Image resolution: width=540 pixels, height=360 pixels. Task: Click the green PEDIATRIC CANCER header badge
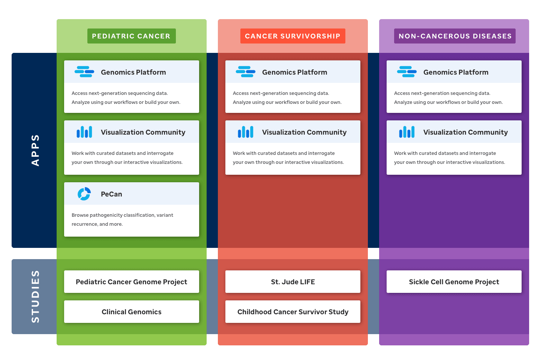coord(131,36)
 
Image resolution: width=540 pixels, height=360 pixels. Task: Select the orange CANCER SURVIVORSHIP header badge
coord(292,36)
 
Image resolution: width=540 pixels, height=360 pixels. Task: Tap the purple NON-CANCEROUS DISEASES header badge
coord(454,36)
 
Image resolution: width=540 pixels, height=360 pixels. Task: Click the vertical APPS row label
coord(35,150)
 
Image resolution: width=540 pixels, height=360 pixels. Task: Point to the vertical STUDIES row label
coord(35,297)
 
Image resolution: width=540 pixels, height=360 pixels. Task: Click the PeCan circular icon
coord(84,194)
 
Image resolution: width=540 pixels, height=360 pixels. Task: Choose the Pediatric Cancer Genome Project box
coord(132,282)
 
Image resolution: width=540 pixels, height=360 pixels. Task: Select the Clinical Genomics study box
coord(132,312)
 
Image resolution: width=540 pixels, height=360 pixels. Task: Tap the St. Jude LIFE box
coord(293,282)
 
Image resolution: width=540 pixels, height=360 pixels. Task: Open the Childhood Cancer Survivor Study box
coord(293,312)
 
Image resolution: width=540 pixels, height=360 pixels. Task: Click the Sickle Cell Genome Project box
coord(454,282)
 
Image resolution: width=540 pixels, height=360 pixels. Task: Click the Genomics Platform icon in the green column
coord(84,72)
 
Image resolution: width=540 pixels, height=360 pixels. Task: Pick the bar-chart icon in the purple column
coord(406,132)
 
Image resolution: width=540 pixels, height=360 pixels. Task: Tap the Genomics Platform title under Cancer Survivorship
coord(295,72)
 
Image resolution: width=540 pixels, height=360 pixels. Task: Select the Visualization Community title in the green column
coord(143,132)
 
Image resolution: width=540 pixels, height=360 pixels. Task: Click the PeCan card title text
coord(111,194)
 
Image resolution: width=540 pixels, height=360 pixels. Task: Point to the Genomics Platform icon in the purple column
coord(406,72)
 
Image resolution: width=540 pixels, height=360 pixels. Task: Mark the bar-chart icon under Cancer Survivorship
coord(245,132)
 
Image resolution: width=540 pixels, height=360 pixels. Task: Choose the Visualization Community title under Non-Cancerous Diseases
coord(466,132)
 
